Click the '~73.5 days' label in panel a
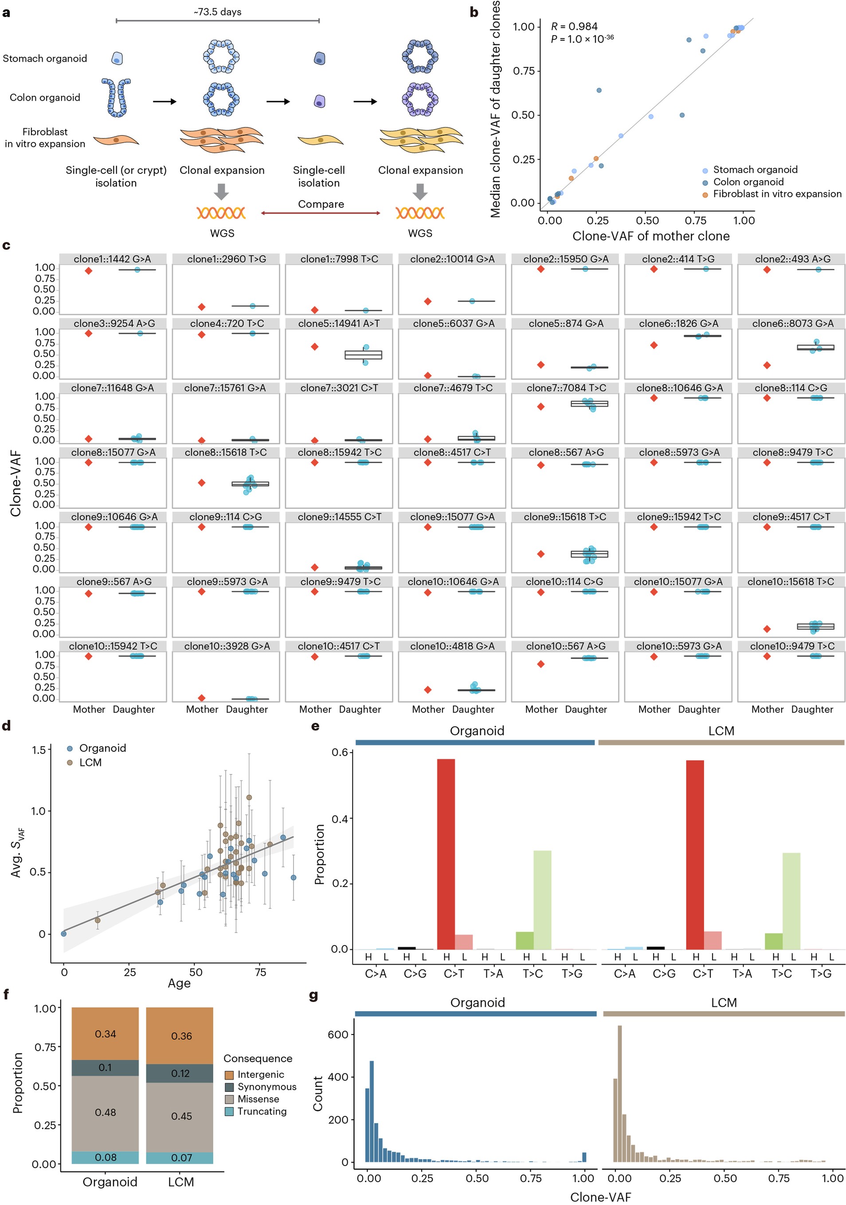(217, 12)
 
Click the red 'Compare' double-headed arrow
(321, 213)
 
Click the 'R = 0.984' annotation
(574, 26)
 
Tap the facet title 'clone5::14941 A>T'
(338, 323)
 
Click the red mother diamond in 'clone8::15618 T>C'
(202, 483)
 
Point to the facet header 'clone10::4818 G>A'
(452, 646)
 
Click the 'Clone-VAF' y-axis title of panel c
(16, 483)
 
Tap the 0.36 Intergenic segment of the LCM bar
(180, 1036)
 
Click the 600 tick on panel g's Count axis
(337, 1034)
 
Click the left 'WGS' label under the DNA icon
(222, 233)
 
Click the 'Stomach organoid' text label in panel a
(45, 58)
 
